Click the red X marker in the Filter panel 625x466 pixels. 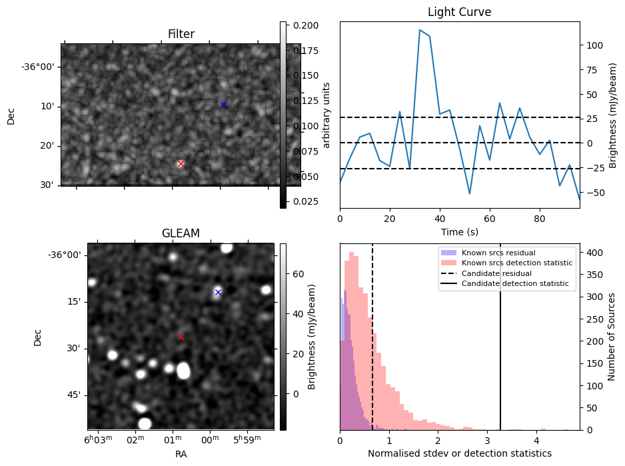pyautogui.click(x=181, y=163)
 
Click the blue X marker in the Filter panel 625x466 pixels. pyautogui.click(x=223, y=105)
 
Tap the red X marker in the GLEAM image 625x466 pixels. pyautogui.click(x=181, y=337)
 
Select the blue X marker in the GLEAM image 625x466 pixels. pyautogui.click(x=218, y=292)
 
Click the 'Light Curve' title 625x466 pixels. pyautogui.click(x=459, y=12)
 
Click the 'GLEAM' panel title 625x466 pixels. pyautogui.click(x=181, y=233)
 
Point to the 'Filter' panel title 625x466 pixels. pyautogui.click(x=181, y=34)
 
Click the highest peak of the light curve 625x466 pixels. pyautogui.click(x=420, y=30)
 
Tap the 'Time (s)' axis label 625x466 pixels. pyautogui.click(x=459, y=232)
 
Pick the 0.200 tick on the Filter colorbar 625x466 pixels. pyautogui.click(x=302, y=25)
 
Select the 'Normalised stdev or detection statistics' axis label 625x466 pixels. pyautogui.click(x=459, y=453)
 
